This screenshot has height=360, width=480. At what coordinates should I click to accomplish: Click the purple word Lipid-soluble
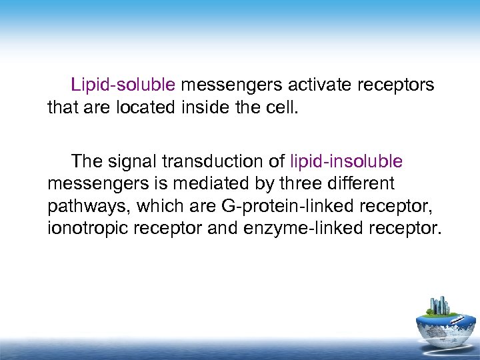123,86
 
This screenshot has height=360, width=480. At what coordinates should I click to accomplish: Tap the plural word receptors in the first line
395,86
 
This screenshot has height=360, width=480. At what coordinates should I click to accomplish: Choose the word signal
139,161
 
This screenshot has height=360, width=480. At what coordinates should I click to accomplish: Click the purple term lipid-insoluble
347,161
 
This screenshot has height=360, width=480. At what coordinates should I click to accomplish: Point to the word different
358,183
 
